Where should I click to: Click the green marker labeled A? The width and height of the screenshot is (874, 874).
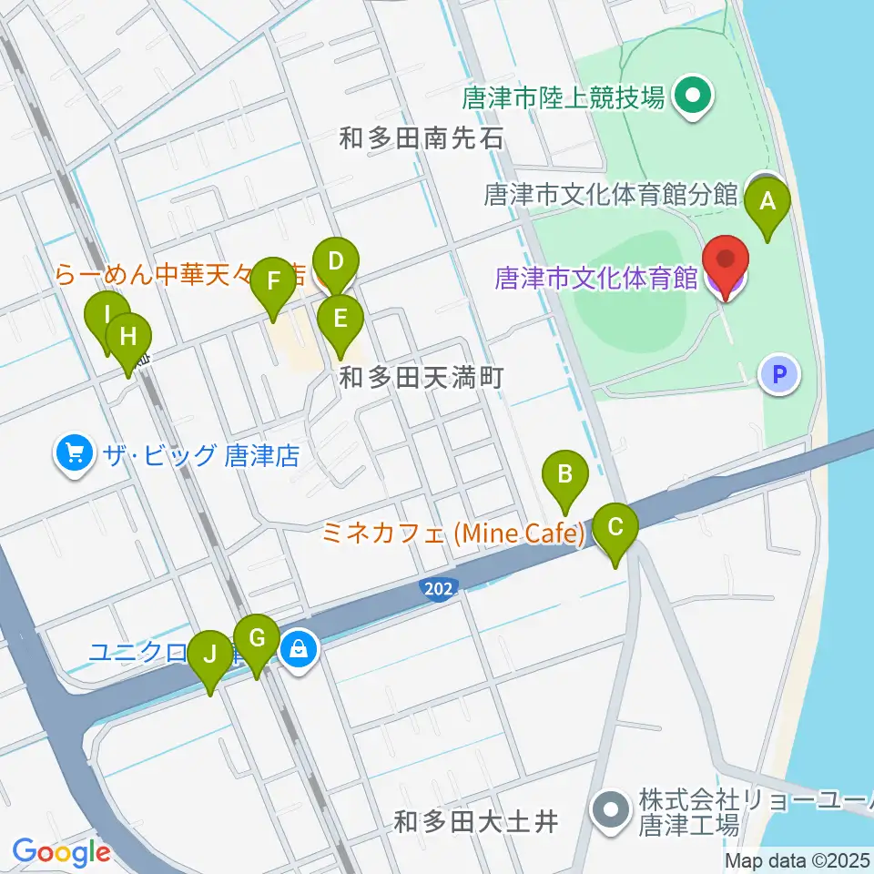[x=767, y=202]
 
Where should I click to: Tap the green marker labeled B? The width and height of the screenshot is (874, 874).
[x=564, y=474]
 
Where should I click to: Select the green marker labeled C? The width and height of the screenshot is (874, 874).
[x=615, y=527]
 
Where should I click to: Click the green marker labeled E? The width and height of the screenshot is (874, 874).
[x=340, y=320]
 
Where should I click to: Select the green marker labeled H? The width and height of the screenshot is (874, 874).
[x=128, y=338]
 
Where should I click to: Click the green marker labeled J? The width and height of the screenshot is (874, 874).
[x=210, y=655]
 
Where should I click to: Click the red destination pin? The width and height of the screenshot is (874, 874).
[x=727, y=259]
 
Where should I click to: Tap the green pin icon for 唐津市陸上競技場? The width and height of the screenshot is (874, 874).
[x=693, y=96]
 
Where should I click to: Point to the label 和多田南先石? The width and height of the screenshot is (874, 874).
[x=421, y=139]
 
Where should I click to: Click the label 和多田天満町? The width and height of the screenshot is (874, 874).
[x=421, y=377]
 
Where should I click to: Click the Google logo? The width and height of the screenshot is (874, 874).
[x=60, y=853]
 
